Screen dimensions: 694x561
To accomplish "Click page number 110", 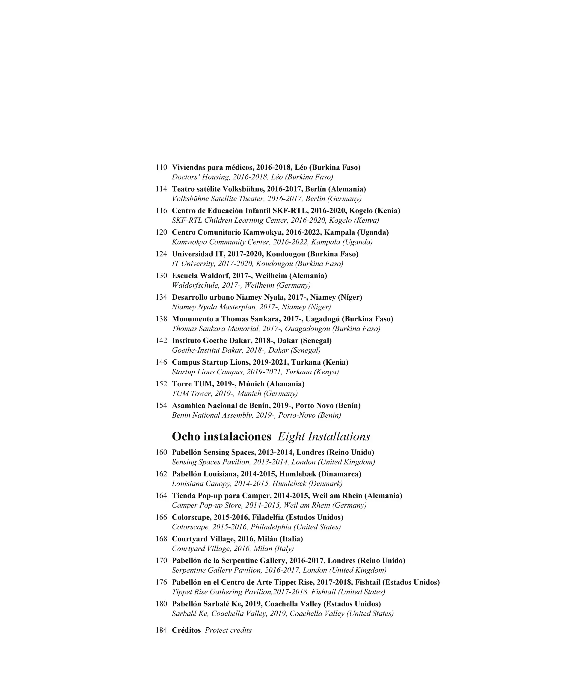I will pos(161,167).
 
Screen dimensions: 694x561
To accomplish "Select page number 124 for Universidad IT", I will pos(161,254).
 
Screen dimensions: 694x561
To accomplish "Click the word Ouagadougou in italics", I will pos(307,328).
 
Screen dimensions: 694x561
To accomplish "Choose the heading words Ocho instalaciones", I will pos(221,436).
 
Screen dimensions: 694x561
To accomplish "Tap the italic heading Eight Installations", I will pos(324,436).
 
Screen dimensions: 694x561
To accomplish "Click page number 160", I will pos(161,452).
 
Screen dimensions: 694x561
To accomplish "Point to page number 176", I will pos(161,582).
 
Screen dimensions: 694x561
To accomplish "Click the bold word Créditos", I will pos(186,630).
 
